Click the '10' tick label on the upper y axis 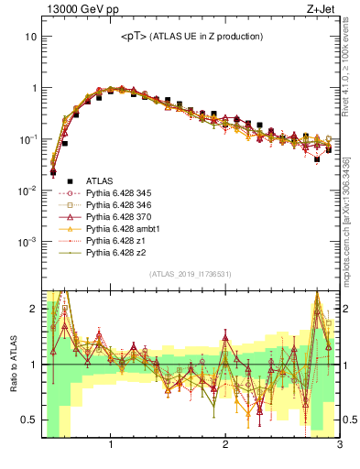click(29, 37)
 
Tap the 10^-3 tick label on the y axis click(27, 242)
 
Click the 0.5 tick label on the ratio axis click(27, 420)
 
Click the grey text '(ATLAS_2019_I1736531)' click(191, 274)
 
